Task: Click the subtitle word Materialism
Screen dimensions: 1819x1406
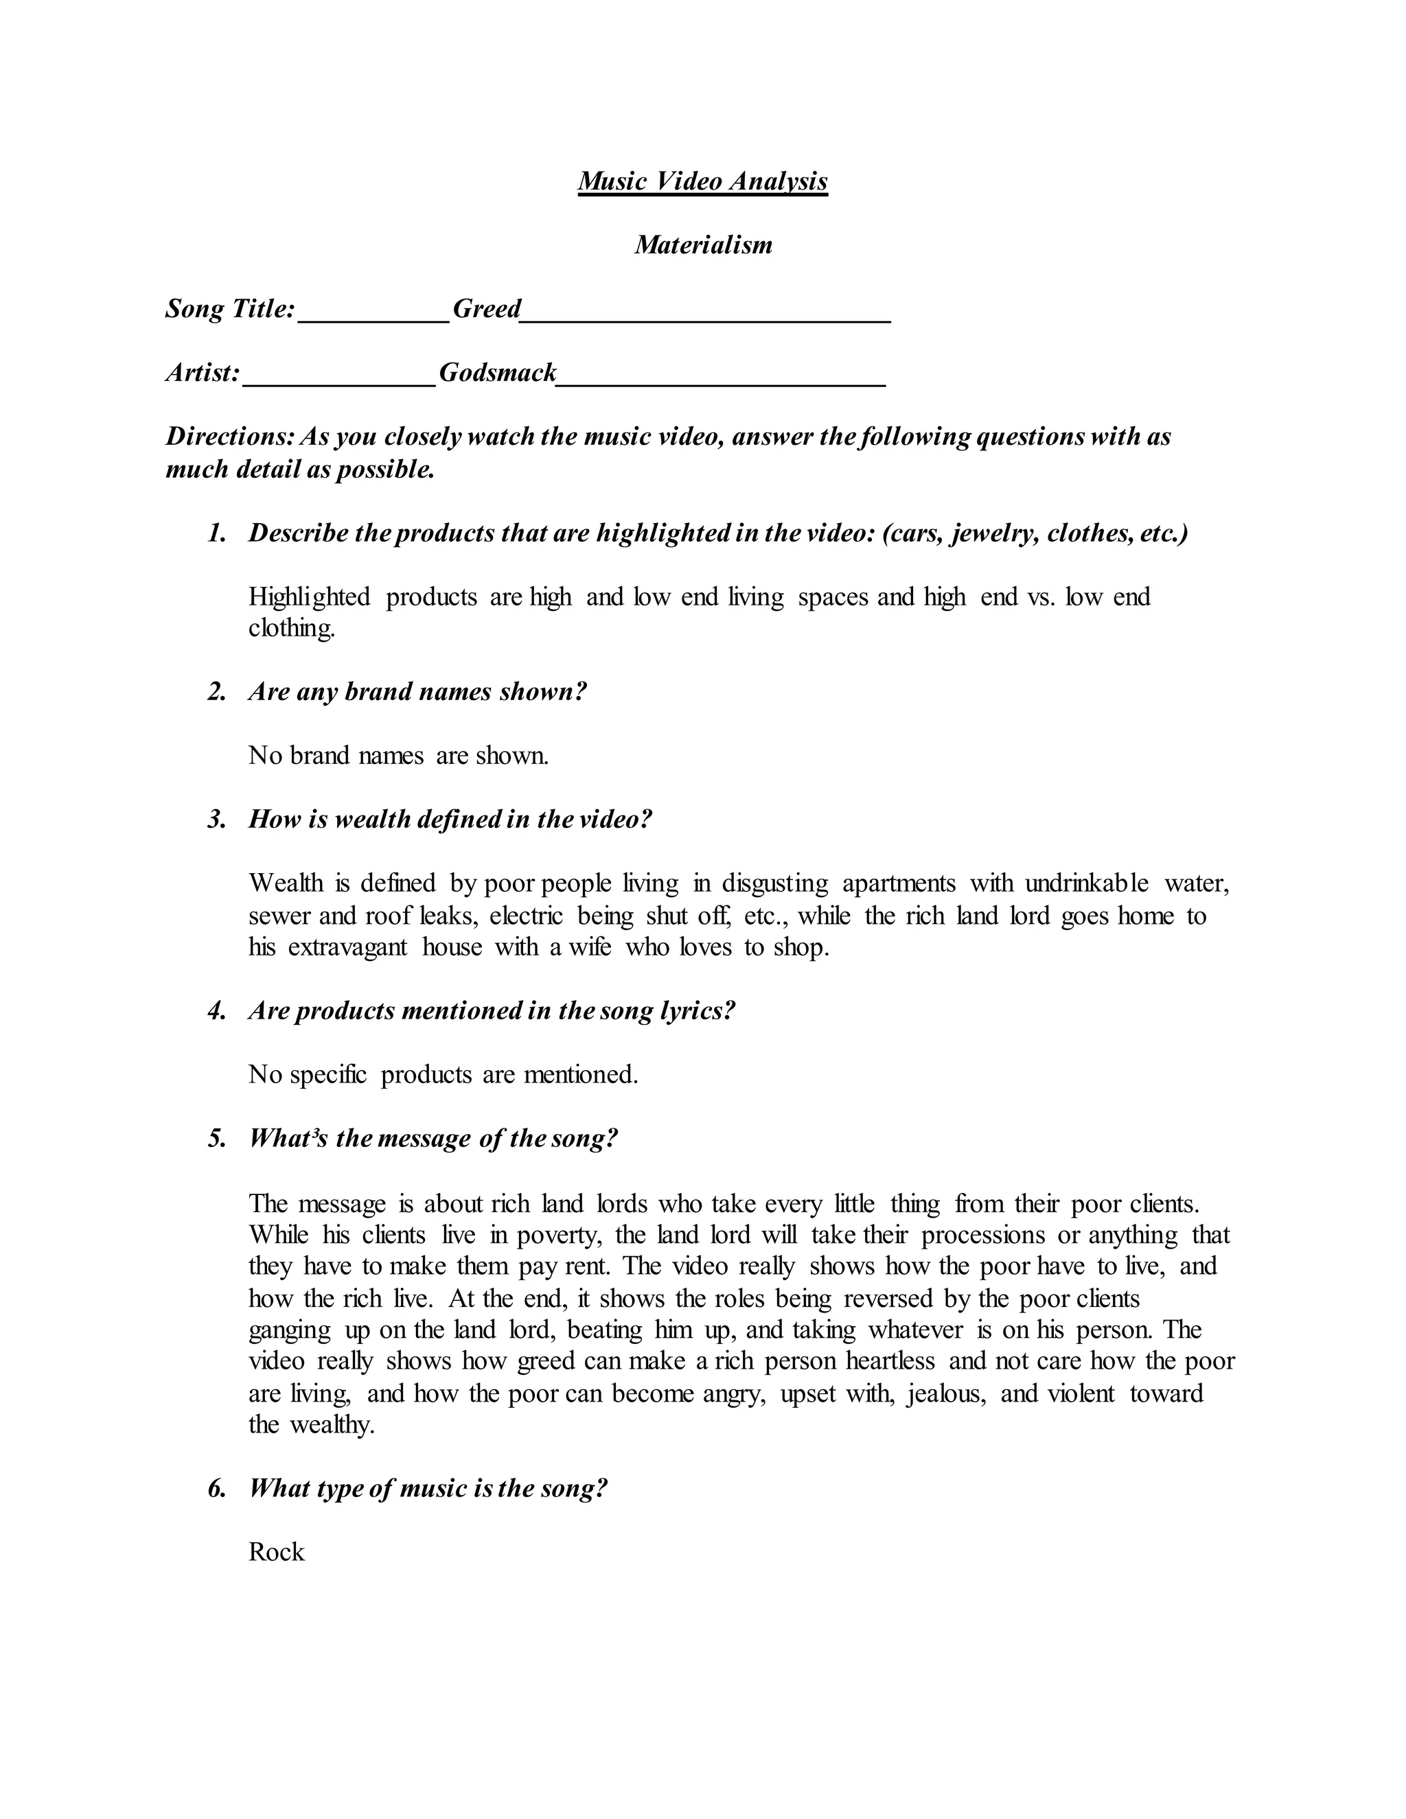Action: (x=703, y=245)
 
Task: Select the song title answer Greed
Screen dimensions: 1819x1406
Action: (x=487, y=309)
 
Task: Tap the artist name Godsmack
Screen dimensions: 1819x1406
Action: (x=497, y=372)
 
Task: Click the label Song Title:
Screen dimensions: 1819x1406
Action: (x=230, y=309)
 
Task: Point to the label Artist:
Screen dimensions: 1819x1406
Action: (x=203, y=372)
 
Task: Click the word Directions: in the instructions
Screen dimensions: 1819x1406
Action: (x=230, y=437)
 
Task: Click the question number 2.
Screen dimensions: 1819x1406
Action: (x=216, y=692)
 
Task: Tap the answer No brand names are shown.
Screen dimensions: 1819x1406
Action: (x=398, y=756)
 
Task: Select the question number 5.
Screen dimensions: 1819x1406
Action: (x=216, y=1139)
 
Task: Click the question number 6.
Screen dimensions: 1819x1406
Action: (x=216, y=1488)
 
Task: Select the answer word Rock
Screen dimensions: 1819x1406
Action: (x=277, y=1553)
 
